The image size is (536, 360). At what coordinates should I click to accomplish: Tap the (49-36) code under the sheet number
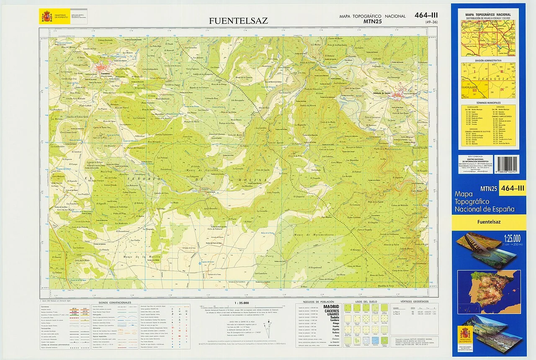click(431, 22)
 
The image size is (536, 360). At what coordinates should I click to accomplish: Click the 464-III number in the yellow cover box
click(512, 188)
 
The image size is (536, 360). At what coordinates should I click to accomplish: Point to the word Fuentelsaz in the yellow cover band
click(489, 222)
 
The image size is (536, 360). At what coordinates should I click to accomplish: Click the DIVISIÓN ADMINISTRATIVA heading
click(488, 61)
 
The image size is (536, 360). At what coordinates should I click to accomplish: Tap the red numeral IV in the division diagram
click(502, 90)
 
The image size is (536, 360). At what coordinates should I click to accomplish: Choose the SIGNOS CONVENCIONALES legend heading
click(114, 302)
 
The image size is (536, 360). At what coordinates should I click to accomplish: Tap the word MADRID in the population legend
click(331, 307)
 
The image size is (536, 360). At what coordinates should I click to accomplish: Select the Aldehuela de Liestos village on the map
click(397, 95)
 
